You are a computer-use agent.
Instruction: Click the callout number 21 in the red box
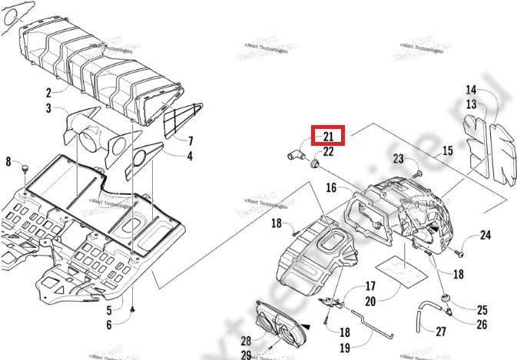[328, 137]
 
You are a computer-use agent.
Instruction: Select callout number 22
[328, 152]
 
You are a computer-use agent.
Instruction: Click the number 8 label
[9, 161]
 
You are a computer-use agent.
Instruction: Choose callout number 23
[398, 159]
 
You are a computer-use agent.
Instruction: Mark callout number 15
[446, 152]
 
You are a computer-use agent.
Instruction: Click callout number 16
[331, 187]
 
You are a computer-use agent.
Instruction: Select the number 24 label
[485, 235]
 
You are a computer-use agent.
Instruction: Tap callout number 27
[441, 332]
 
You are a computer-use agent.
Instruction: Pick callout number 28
[246, 340]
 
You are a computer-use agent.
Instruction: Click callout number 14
[471, 90]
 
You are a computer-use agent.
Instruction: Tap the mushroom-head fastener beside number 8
[25, 167]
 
